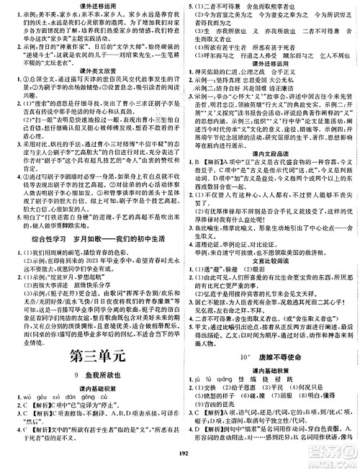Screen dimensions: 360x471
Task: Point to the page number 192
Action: pyautogui.click(x=179, y=465)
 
